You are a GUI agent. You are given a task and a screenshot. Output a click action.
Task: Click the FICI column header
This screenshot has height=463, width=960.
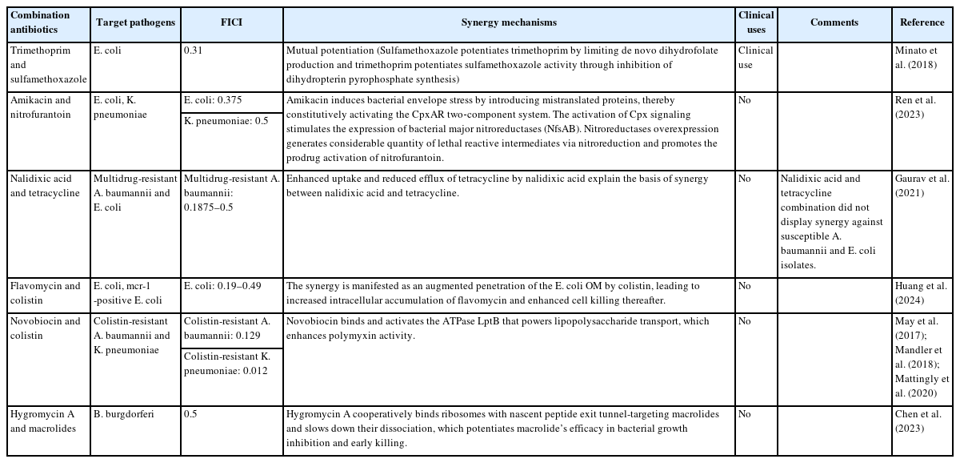(230, 22)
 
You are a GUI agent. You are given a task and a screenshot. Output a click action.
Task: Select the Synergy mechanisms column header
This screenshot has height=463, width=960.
(509, 22)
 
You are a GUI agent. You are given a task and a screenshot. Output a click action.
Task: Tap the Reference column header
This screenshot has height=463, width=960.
(922, 22)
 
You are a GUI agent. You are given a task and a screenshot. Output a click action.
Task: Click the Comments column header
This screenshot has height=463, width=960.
(834, 22)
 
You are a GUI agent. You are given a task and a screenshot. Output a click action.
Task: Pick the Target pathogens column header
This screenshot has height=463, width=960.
(135, 22)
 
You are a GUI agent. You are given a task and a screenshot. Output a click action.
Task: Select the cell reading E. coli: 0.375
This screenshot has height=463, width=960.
(213, 101)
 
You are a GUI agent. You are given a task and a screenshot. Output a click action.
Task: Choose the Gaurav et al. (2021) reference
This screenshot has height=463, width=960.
(921, 185)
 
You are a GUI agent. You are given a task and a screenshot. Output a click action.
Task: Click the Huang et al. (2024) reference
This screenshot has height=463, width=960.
(921, 292)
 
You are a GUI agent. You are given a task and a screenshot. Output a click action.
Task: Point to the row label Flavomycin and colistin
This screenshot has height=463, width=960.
(45, 292)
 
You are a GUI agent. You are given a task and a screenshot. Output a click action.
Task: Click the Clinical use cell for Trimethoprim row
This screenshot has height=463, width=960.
(755, 58)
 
